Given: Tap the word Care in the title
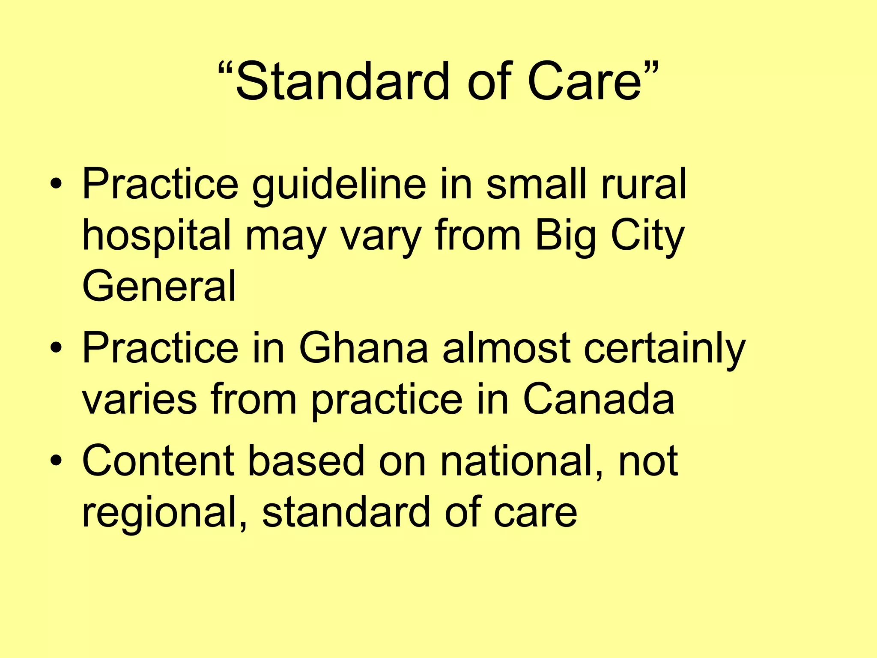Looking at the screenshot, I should coord(585,81).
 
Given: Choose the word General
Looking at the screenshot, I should coord(159,286).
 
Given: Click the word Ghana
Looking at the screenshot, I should coord(363,348).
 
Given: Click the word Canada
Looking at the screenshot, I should coord(599,399).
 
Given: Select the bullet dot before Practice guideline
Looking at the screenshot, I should coord(56,185).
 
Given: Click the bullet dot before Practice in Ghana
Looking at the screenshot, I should coord(56,349).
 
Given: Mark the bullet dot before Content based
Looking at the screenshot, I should coord(56,461).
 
